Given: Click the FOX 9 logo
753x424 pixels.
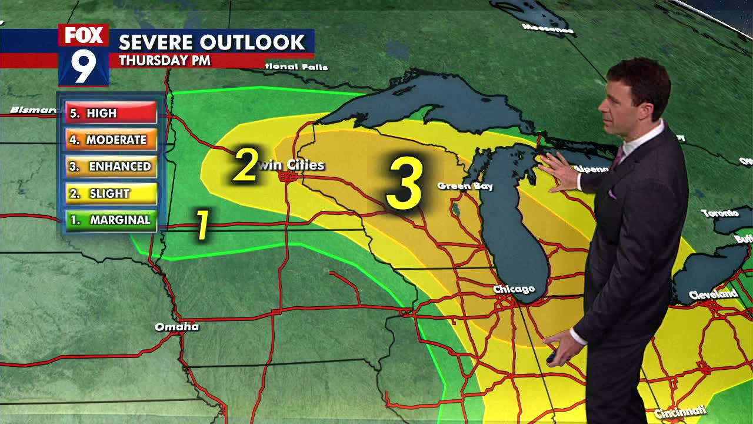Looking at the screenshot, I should [x=84, y=55].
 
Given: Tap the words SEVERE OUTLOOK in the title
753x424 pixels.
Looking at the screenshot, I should [x=212, y=42].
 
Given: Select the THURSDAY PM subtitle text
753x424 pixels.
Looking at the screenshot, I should [x=164, y=61].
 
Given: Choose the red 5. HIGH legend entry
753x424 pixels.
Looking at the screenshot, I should [x=111, y=113].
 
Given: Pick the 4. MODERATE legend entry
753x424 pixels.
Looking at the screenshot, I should [x=111, y=140].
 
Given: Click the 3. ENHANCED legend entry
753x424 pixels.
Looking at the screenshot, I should [x=111, y=167].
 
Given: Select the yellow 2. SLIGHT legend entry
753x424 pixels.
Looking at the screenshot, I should [x=111, y=193].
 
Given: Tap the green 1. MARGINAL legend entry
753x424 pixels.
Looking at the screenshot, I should [x=111, y=220].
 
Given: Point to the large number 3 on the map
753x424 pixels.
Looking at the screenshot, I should [x=405, y=182].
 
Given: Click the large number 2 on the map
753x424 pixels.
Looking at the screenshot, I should [x=246, y=165].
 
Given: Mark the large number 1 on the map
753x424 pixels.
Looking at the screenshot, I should [x=202, y=225].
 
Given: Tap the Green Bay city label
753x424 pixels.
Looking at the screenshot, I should [x=465, y=186].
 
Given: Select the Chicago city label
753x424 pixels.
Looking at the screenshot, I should [x=514, y=289].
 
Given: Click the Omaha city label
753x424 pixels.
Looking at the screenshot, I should [x=176, y=327].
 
